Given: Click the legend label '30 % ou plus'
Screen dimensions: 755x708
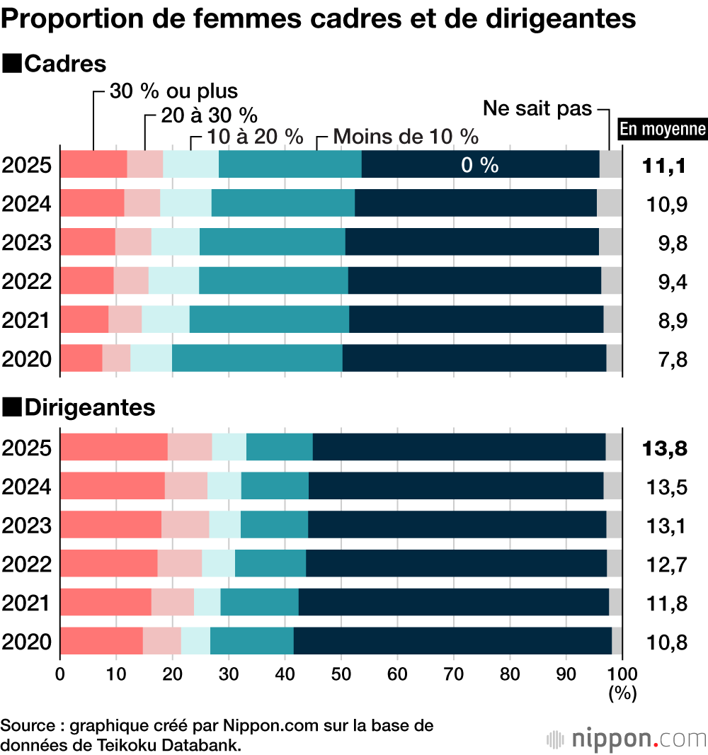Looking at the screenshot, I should click(x=173, y=91).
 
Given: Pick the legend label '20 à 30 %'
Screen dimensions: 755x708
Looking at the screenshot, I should click(x=208, y=114).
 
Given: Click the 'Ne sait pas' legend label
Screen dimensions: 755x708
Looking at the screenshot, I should click(x=537, y=109).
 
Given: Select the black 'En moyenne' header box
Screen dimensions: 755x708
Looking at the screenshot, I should click(x=663, y=129).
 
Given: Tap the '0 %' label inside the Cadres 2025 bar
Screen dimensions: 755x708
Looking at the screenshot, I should click(x=479, y=165).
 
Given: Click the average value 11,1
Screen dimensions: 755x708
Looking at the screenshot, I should click(x=665, y=166).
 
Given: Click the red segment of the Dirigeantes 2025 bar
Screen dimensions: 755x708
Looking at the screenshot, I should click(x=113, y=447).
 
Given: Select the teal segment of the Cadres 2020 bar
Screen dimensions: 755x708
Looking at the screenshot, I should click(x=256, y=358).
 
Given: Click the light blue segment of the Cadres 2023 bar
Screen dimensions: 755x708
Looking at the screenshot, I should click(x=175, y=242).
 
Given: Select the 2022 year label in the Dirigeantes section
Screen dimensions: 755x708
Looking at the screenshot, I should click(x=27, y=564).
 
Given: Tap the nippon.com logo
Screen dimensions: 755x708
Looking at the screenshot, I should click(x=627, y=739).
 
